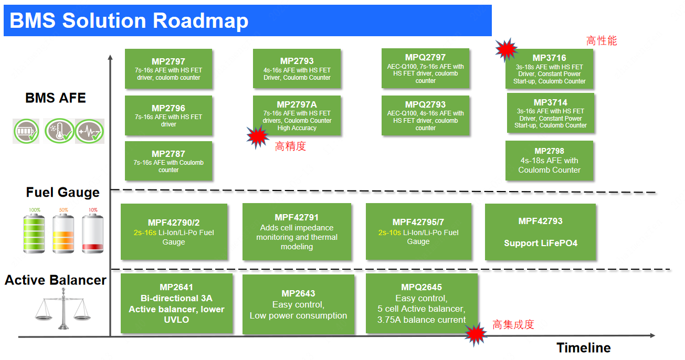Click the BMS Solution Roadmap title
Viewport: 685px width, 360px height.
129,20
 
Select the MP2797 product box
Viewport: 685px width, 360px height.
168,69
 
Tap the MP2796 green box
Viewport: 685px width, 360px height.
168,115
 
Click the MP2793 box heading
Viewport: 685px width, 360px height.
297,61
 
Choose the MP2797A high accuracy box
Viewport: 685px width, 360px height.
297,116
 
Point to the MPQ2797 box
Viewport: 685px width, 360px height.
425,69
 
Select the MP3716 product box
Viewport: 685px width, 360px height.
550,69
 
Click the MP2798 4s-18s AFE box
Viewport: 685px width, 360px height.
549,161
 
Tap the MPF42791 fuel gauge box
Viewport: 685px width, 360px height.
297,232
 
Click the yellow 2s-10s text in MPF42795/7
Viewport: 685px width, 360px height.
389,232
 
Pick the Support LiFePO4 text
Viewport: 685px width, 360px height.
541,243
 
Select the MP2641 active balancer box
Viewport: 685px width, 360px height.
176,303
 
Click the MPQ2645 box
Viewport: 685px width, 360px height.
421,303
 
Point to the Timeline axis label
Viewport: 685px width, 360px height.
584,348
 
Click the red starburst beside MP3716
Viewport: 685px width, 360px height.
507,49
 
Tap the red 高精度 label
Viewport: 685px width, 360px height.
290,146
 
